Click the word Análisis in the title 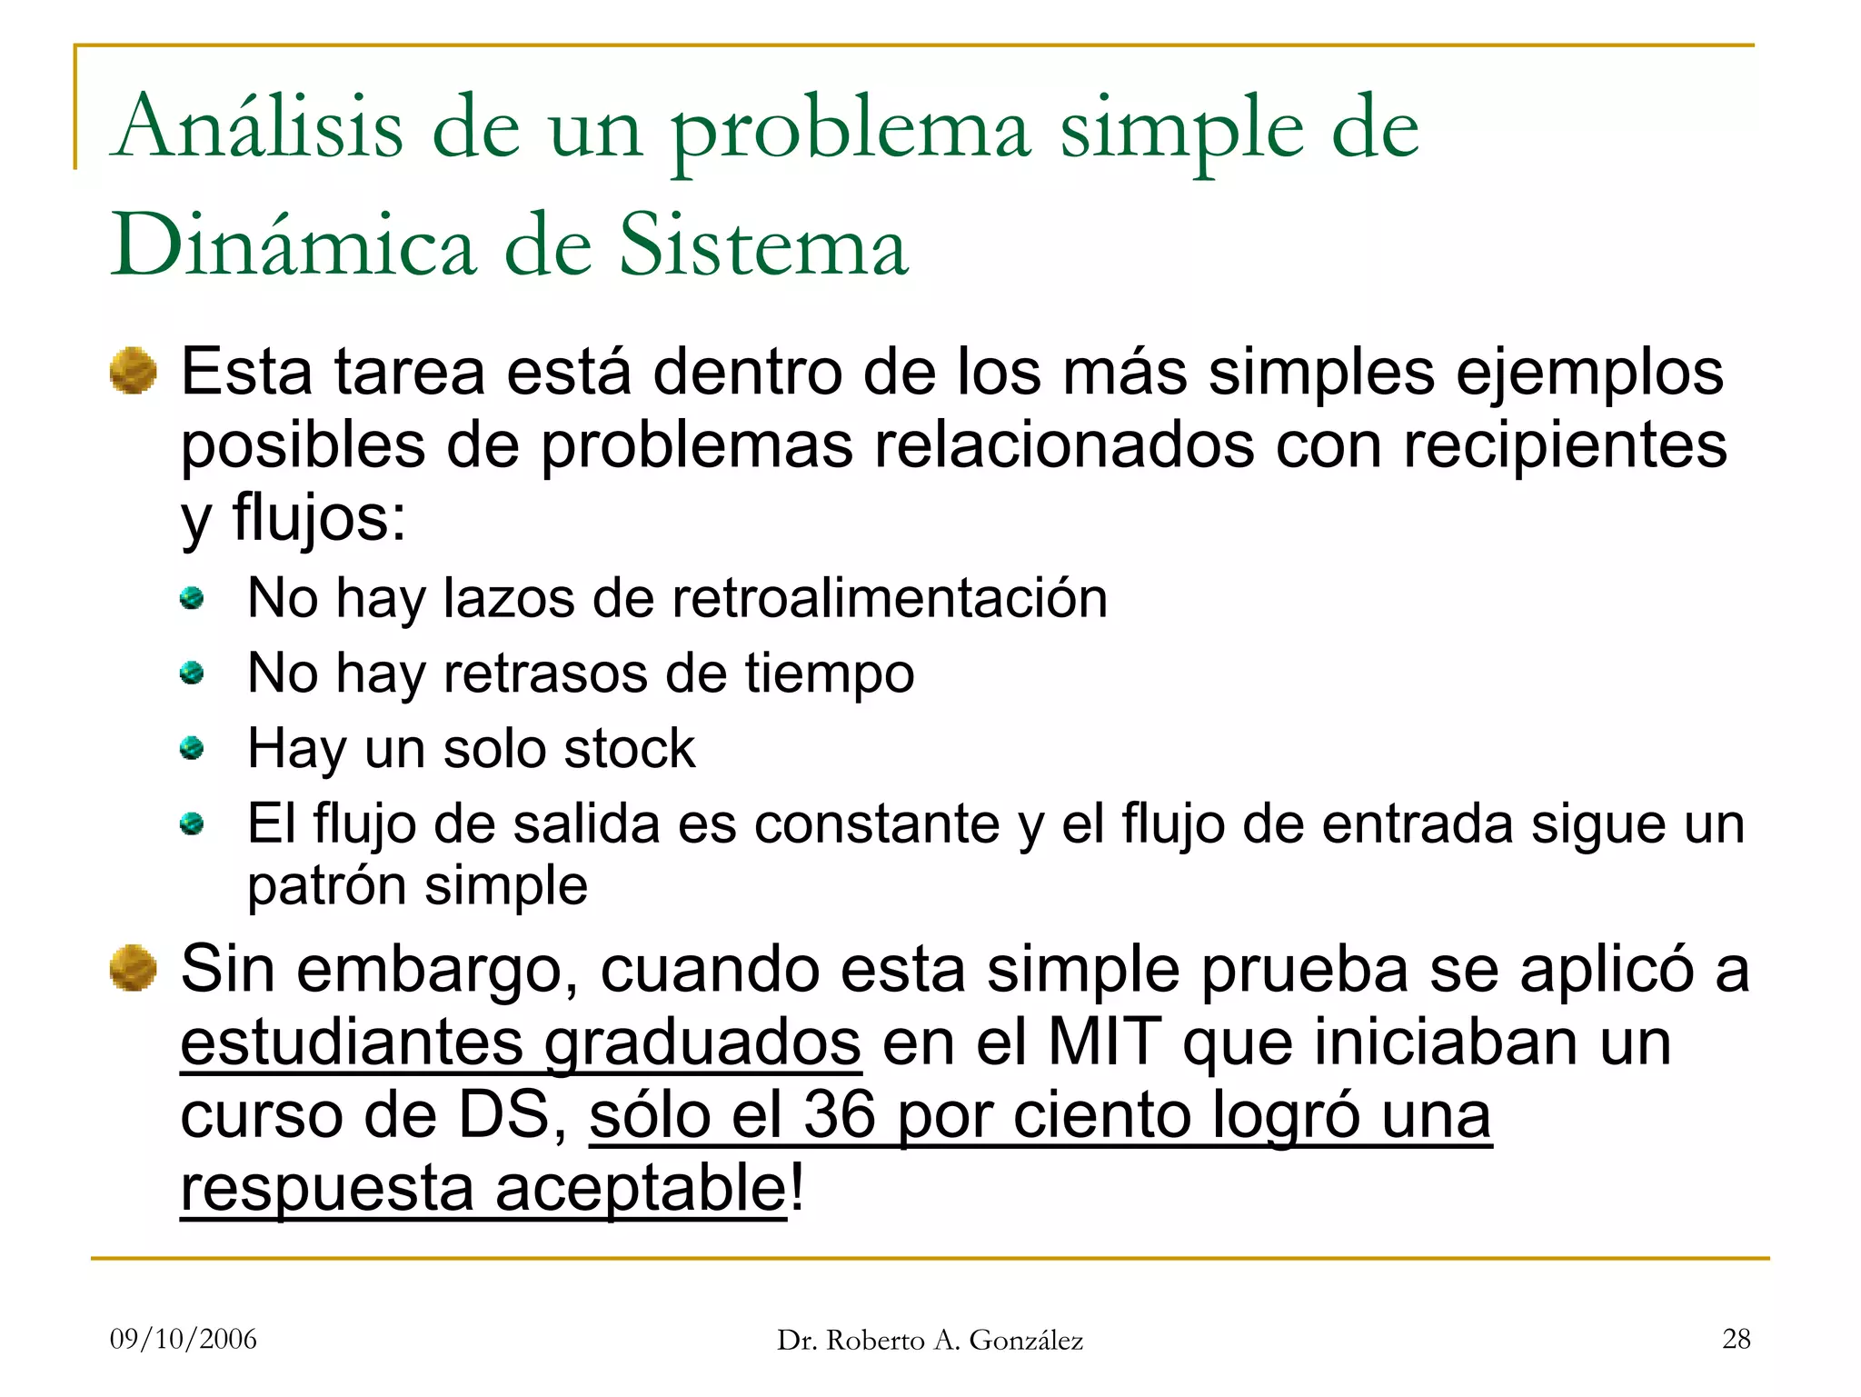[258, 127]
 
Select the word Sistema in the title [763, 245]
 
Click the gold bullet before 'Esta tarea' [133, 371]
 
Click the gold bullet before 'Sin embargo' [133, 968]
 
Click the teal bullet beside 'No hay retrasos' [192, 674]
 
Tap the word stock [629, 749]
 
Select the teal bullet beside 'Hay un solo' [192, 749]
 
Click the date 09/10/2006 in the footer [184, 1339]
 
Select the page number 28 [1736, 1339]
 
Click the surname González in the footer [1026, 1341]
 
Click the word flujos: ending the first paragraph [319, 518]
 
